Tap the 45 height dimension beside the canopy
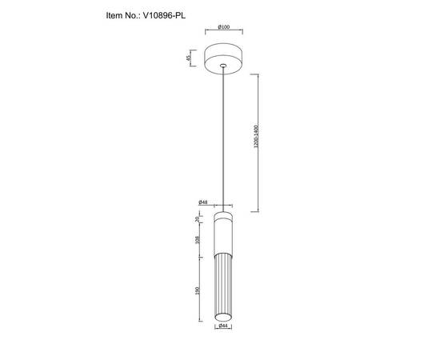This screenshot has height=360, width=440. (x=189, y=58)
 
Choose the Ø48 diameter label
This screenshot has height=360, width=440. (x=203, y=202)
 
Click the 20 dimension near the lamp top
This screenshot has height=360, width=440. (x=197, y=218)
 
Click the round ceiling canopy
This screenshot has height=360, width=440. (x=223, y=58)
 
